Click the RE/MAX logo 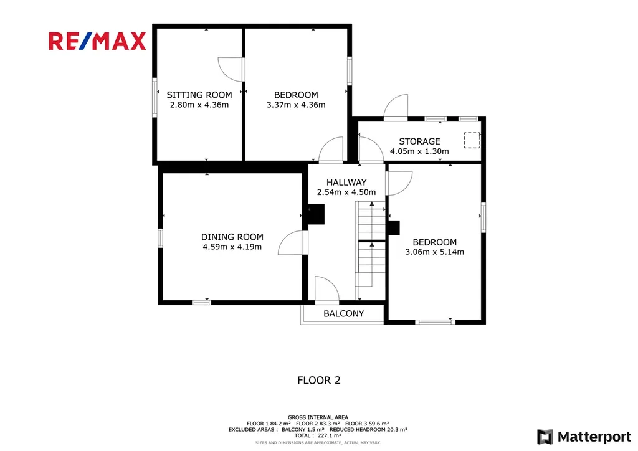97,41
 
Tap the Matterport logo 584,437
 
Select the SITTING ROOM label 199,95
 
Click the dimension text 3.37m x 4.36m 296,105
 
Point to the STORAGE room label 419,141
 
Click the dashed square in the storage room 472,140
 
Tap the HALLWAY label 346,182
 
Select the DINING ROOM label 232,237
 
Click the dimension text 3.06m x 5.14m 434,252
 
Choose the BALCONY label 344,313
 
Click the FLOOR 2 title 319,380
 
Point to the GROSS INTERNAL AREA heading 318,417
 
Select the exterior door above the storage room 396,107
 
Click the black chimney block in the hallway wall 316,214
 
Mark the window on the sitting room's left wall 155,98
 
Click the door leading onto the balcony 326,290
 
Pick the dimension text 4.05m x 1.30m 419,151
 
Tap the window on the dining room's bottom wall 201,302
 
